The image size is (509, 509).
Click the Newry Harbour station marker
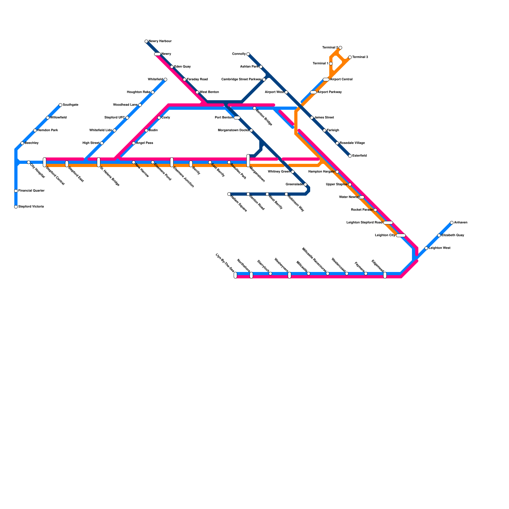pyautogui.click(x=146, y=41)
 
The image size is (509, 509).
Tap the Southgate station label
pyautogui.click(x=70, y=105)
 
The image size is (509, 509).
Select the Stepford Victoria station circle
pyautogui.click(x=16, y=207)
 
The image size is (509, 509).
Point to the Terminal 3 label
pyautogui.click(x=360, y=57)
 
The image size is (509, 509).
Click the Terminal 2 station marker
pyautogui.click(x=340, y=48)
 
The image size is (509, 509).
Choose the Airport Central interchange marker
pyautogui.click(x=326, y=80)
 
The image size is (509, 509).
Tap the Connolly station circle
pyautogui.click(x=248, y=54)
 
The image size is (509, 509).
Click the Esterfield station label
pyautogui.click(x=359, y=156)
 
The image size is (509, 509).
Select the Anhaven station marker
pyautogui.click(x=452, y=223)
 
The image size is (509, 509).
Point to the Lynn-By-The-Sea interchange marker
pyautogui.click(x=235, y=275)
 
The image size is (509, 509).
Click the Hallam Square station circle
pyautogui.click(x=229, y=194)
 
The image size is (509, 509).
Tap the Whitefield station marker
pyautogui.click(x=165, y=80)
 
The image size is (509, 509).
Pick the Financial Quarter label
pyautogui.click(x=31, y=191)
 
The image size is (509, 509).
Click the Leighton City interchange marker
pyautogui.click(x=401, y=235)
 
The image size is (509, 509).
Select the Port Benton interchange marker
pyautogui.click(x=237, y=118)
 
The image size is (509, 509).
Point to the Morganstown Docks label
pyautogui.click(x=233, y=130)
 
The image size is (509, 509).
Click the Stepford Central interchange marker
pyautogui.click(x=45, y=162)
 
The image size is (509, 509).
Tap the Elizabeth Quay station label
pyautogui.click(x=453, y=235)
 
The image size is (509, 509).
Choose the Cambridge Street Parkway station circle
pyautogui.click(x=264, y=80)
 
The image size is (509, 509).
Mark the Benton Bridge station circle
pyautogui.click(x=254, y=108)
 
